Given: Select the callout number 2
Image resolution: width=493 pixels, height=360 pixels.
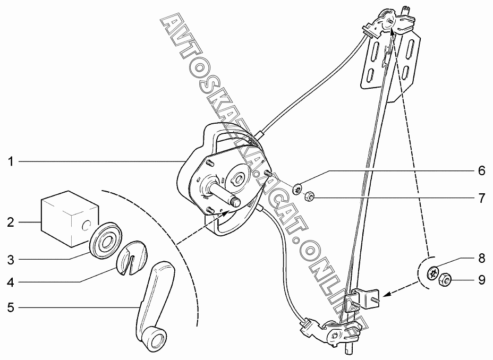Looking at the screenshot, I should click(x=11, y=222).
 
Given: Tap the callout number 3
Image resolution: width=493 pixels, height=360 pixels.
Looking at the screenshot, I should click(x=11, y=260).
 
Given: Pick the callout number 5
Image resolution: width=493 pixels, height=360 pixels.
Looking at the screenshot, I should click(x=11, y=306).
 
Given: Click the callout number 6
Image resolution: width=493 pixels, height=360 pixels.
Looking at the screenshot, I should click(x=481, y=171).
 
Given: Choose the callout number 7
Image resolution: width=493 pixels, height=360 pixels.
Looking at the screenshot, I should click(x=481, y=199).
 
